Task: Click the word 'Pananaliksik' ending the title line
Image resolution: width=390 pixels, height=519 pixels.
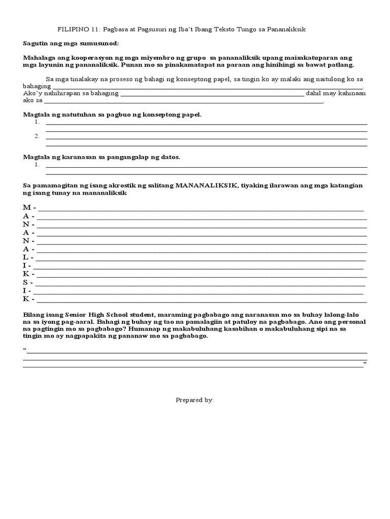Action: (287, 29)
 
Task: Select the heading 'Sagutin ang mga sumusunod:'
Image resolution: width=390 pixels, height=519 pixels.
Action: (71, 44)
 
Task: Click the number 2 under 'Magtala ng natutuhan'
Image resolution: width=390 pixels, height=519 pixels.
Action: (37, 136)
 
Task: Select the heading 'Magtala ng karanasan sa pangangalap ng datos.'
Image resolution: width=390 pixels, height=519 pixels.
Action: (102, 157)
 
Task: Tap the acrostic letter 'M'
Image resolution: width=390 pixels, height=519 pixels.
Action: (27, 208)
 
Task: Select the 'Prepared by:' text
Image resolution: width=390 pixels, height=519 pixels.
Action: (195, 400)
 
